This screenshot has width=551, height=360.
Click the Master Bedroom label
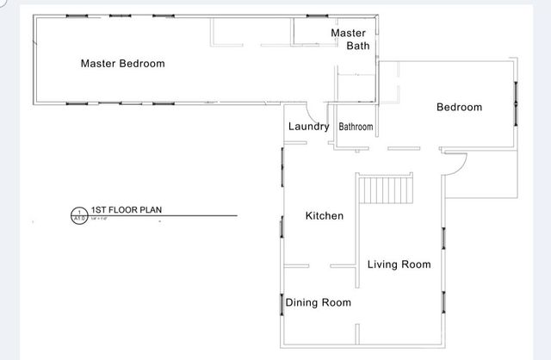coord(122,64)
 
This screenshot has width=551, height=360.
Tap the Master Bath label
coord(350,40)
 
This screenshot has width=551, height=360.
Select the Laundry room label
coord(308,127)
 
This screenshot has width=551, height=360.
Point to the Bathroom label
coord(356,127)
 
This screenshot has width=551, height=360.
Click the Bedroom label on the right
coord(459,108)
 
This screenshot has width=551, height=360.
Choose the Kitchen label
coord(325,215)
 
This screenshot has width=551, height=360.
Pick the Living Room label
coord(399,264)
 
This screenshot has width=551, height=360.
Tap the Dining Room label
coord(318,302)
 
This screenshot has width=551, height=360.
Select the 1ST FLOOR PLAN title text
coord(127,209)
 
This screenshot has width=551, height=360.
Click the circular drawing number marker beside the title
coord(79,214)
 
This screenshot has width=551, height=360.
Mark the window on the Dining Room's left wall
coord(282,303)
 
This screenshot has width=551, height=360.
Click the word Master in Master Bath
coord(349,33)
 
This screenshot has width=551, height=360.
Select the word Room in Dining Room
coord(337,302)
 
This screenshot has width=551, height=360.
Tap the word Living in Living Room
coord(382,264)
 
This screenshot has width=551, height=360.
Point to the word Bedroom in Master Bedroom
coord(142,64)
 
